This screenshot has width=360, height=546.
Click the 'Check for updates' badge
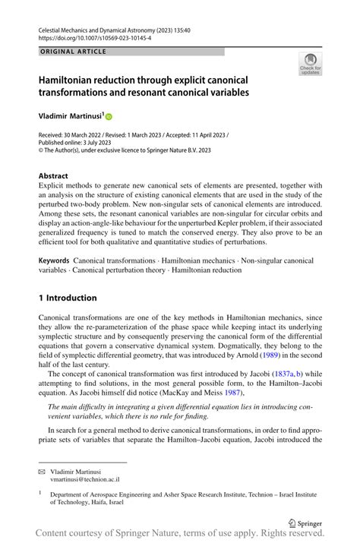(x=310, y=65)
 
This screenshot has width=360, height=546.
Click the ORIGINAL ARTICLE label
(x=73, y=52)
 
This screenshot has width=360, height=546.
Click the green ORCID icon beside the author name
(x=109, y=117)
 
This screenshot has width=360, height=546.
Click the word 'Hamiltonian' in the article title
(x=74, y=80)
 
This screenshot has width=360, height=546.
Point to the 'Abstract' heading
(x=58, y=175)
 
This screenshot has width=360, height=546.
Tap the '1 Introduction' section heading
(x=68, y=298)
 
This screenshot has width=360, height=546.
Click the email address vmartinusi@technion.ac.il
(x=87, y=481)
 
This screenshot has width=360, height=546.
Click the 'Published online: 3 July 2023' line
(x=75, y=142)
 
